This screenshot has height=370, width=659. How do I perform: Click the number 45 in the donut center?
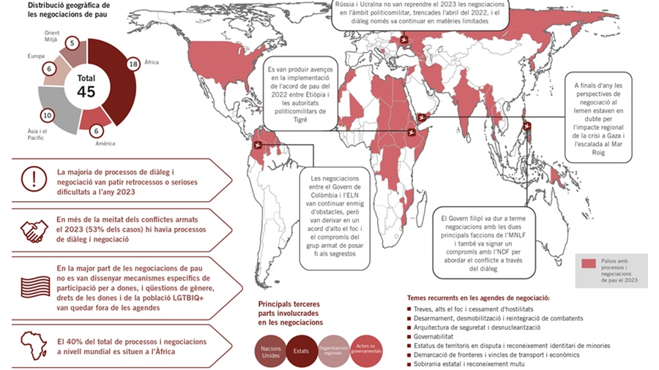point(86,91)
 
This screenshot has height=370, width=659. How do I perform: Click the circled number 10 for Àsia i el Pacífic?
point(48,115)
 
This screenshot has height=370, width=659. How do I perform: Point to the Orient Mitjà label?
point(52,37)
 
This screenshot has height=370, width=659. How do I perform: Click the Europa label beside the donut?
point(35,56)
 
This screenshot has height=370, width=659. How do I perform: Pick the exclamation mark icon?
point(32,178)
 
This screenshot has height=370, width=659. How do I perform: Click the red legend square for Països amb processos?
point(588,264)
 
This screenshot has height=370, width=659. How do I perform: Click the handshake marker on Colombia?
point(256,145)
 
